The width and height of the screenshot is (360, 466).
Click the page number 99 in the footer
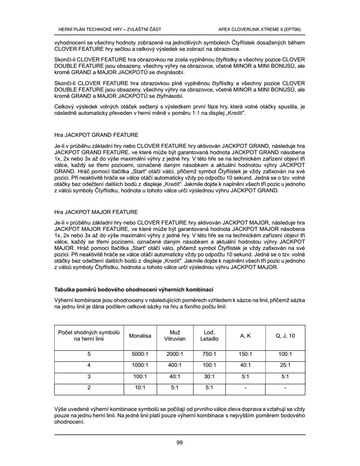click(180, 443)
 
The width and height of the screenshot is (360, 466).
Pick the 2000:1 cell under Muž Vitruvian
click(174, 354)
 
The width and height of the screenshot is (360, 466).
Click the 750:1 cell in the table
click(209, 354)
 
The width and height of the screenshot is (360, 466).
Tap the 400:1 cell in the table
click(174, 365)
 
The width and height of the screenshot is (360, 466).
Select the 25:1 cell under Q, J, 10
click(285, 365)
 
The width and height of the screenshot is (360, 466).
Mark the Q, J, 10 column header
click(285, 336)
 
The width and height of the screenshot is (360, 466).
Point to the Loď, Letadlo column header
click(209, 336)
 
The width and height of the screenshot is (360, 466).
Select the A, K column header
click(245, 336)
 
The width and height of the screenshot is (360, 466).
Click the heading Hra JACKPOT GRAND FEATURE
click(97, 136)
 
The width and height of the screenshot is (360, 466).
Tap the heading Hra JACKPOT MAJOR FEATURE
click(97, 212)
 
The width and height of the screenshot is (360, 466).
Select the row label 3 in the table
click(89, 376)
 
